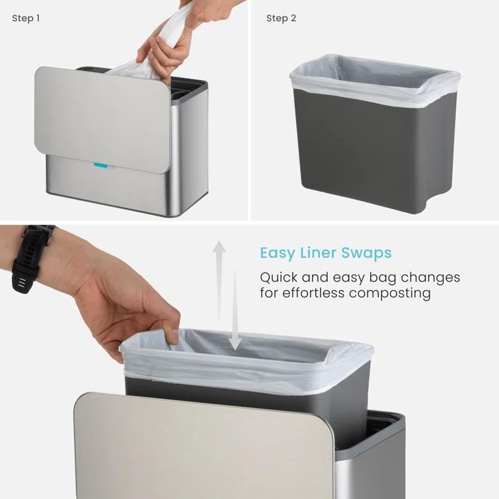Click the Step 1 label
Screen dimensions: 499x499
pyautogui.click(x=26, y=19)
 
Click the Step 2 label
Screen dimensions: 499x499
pyautogui.click(x=281, y=19)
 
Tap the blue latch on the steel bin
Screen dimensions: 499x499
pyautogui.click(x=100, y=165)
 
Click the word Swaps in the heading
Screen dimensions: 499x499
pyautogui.click(x=367, y=253)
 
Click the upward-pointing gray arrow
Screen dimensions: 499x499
pyautogui.click(x=219, y=278)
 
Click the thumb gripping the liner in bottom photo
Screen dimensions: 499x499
pyautogui.click(x=171, y=335)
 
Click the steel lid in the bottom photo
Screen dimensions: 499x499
pyautogui.click(x=198, y=449)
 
